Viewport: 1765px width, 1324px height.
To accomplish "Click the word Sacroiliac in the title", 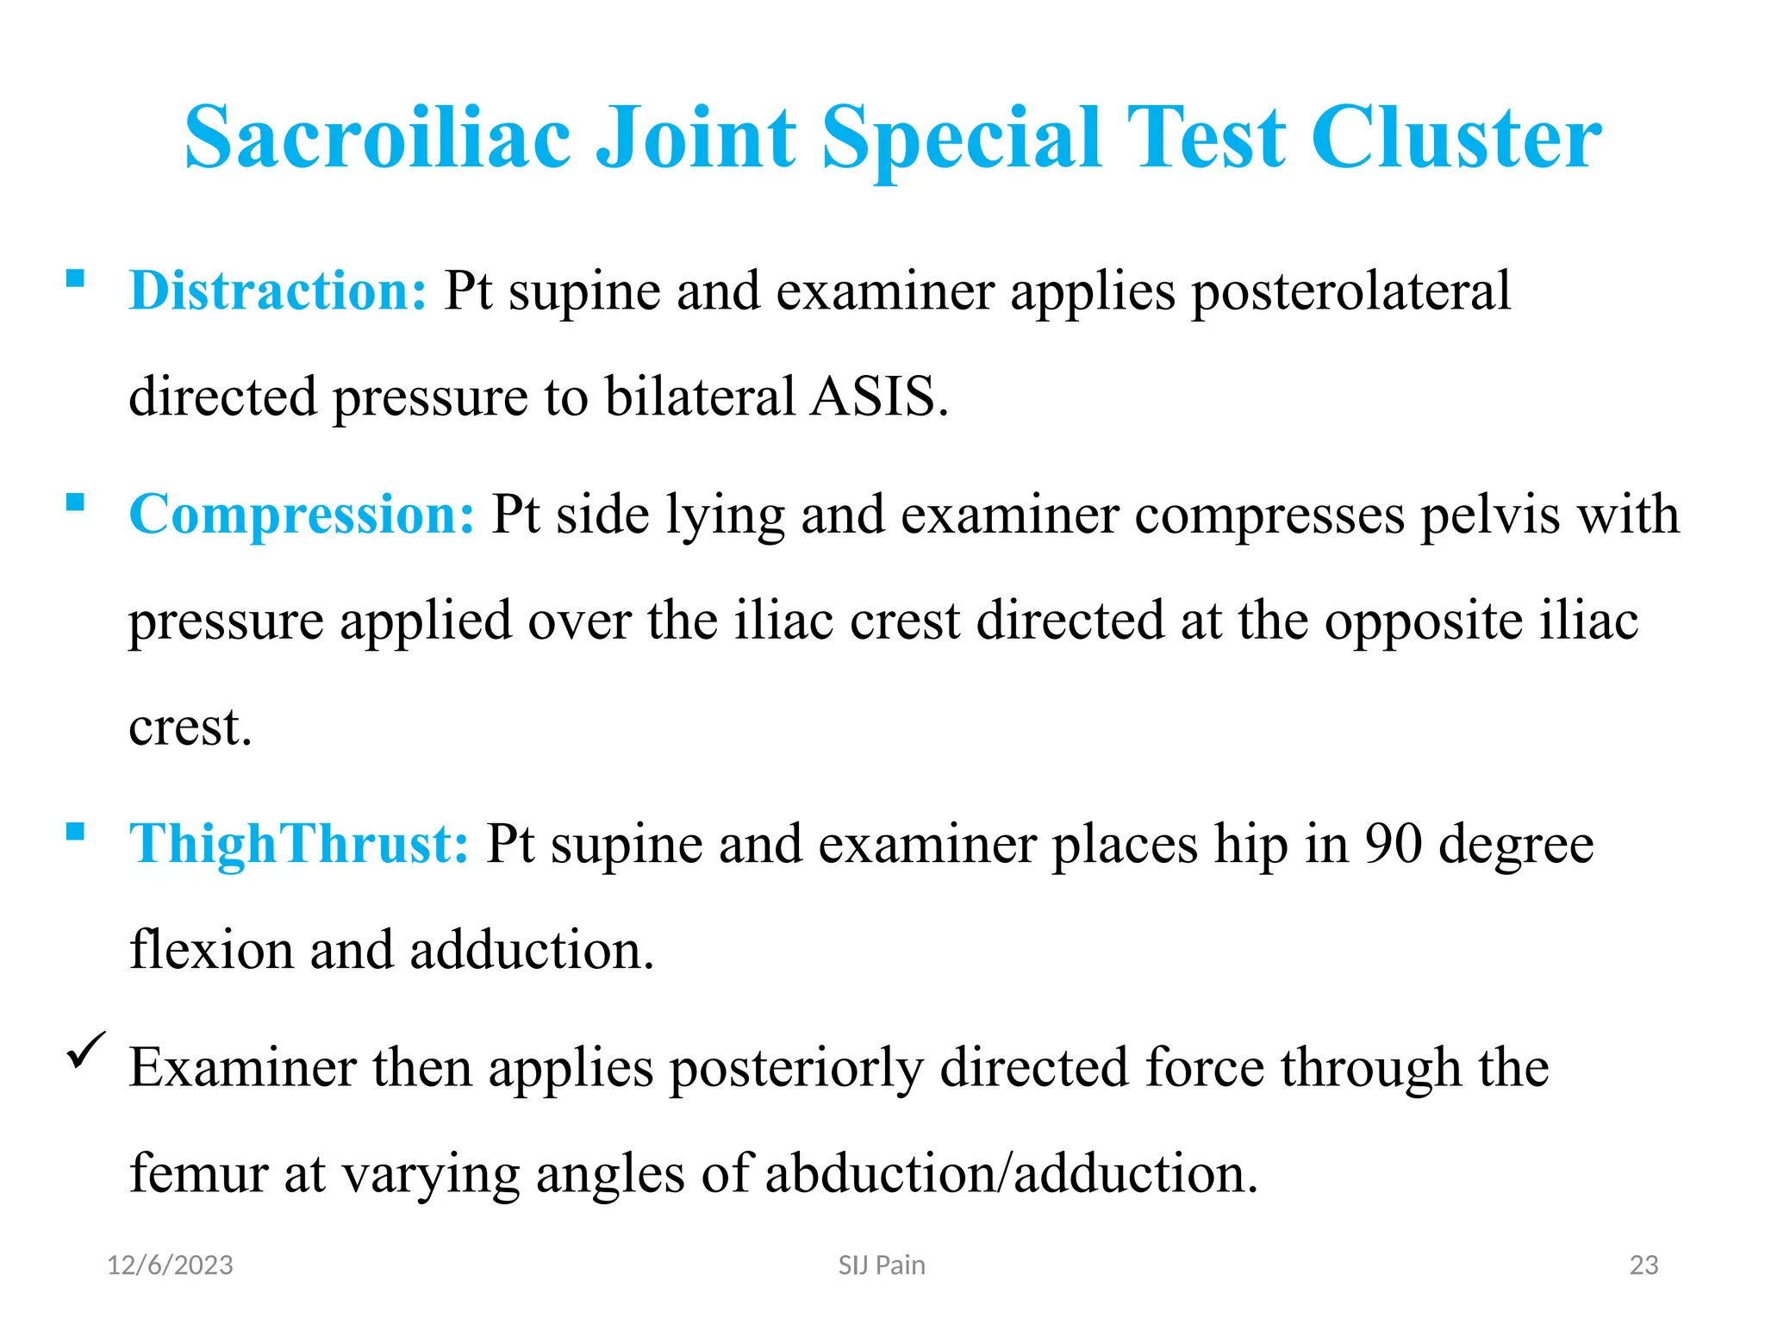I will [377, 138].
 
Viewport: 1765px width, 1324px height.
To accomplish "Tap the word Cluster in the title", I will [1456, 138].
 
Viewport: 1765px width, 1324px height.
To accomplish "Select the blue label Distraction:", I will [278, 290].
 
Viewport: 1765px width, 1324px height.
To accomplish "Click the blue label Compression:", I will [302, 515].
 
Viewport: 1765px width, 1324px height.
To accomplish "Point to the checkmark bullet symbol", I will [86, 1050].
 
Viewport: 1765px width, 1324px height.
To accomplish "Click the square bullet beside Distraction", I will [76, 278].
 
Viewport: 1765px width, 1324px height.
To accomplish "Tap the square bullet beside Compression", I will [76, 502].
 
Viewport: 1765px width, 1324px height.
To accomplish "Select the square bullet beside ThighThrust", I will [76, 831].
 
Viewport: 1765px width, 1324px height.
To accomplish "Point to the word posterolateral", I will [1350, 291].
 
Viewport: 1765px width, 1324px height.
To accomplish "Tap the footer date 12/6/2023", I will [170, 1265].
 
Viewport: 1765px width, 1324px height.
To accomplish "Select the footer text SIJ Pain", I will [882, 1265].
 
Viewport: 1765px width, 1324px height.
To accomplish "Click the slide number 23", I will [1643, 1265].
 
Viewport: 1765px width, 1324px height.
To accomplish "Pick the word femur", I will [199, 1173].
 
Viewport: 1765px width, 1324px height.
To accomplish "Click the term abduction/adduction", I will [1011, 1173].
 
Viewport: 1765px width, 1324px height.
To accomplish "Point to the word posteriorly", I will [795, 1068].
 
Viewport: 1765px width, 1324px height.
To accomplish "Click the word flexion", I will [211, 950].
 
